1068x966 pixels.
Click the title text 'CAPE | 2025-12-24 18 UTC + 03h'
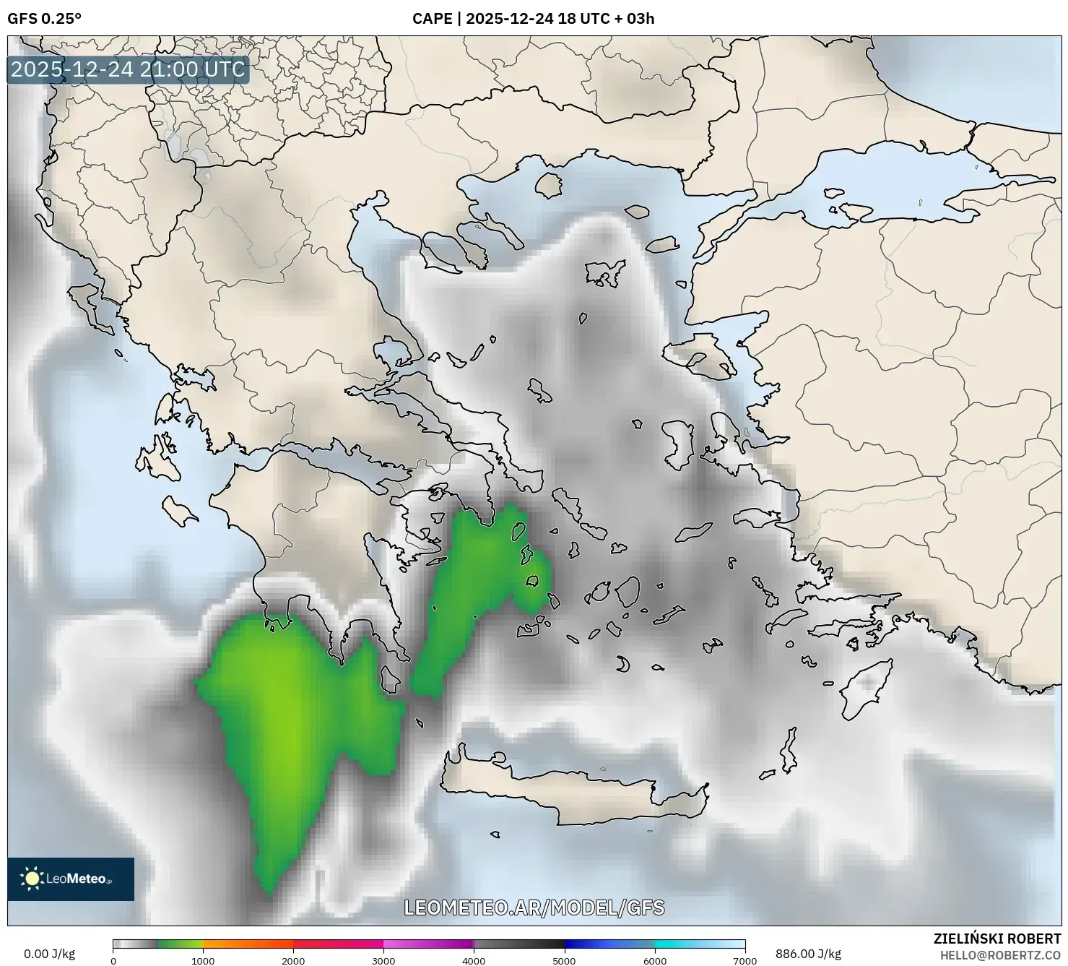[533, 19]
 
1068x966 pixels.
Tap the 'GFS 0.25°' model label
[44, 19]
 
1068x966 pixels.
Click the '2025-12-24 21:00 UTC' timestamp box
[128, 69]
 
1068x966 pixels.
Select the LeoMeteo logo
[71, 879]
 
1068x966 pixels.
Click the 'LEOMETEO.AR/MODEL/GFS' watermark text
[534, 907]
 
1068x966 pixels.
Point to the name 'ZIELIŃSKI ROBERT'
[997, 939]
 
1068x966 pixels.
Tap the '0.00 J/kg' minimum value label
[49, 954]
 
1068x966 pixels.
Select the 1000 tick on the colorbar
[203, 961]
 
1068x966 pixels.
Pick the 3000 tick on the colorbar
[383, 961]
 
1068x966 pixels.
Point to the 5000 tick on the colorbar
[564, 961]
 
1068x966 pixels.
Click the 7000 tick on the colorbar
[744, 961]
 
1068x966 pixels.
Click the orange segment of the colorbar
[248, 944]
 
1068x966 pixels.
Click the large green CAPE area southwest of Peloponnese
[289, 723]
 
